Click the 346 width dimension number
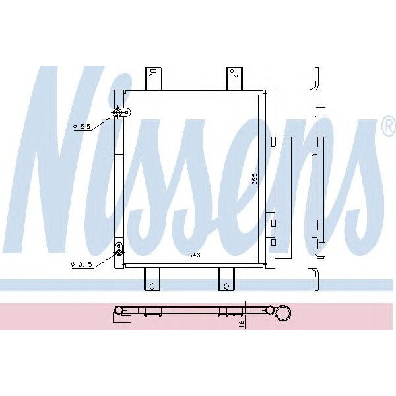coord(194,254)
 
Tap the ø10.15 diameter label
coord(82,265)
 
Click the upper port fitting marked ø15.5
coord(119,113)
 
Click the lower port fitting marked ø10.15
coord(119,250)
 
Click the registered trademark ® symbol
coord(387,130)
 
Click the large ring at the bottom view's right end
coord(284,311)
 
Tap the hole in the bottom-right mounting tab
coord(226,286)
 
